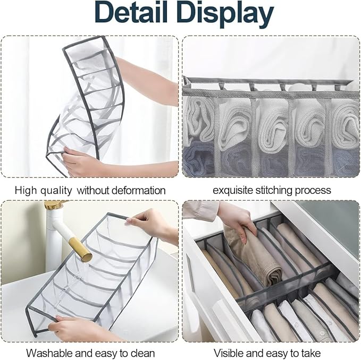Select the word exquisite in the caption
[233, 190]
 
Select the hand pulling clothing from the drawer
[236, 218]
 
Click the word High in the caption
[26, 190]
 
